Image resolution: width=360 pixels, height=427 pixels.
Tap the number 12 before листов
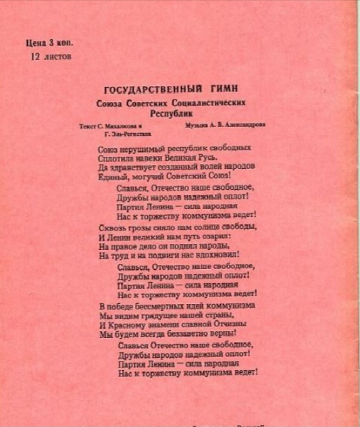point(36,57)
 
